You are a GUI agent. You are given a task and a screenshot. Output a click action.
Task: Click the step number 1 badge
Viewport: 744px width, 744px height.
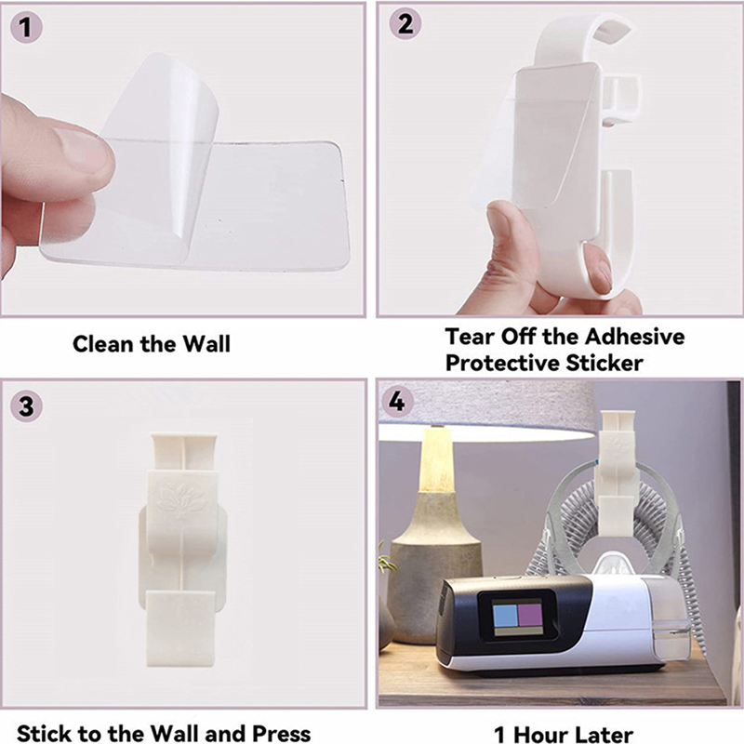point(27,27)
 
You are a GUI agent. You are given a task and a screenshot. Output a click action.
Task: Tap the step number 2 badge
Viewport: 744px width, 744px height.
point(405,24)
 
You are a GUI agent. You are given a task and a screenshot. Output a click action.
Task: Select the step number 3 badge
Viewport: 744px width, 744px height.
point(27,406)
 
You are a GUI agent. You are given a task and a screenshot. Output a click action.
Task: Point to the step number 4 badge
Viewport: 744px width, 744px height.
point(397,402)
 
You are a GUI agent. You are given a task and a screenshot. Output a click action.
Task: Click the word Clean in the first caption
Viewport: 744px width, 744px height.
point(104,344)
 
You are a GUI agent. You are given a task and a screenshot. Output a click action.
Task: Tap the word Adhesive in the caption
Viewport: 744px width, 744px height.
point(634,337)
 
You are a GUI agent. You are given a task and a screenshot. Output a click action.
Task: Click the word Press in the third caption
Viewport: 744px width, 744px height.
point(281,734)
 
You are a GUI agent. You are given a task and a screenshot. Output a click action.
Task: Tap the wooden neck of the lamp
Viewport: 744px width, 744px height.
point(436,459)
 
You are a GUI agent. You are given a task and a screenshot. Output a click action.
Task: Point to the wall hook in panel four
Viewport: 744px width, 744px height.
point(617,473)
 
